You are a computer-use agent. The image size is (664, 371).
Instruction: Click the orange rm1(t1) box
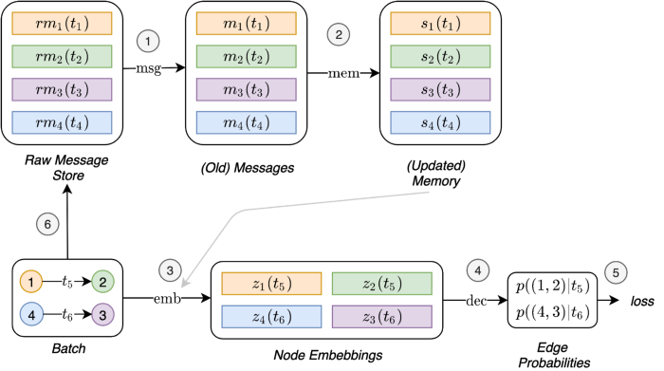point(62,24)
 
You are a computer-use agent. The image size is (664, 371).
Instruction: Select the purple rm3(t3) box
point(62,89)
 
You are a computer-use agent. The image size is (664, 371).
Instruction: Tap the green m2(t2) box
point(246,57)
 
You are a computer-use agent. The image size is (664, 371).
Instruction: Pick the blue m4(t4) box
point(246,122)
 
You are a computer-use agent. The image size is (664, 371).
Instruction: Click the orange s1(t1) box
point(440,24)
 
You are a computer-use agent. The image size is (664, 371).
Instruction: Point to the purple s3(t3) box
point(440,89)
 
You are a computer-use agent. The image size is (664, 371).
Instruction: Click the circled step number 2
point(339,34)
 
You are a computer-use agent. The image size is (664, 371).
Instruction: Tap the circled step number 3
point(169,270)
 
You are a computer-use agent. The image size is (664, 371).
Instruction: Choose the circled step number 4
point(478,270)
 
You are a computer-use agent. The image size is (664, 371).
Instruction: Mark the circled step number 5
point(615,272)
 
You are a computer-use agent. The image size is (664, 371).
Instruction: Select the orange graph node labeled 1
point(31,282)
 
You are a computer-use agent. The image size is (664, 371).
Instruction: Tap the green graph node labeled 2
point(102,282)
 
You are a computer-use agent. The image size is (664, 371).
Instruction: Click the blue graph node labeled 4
point(31,314)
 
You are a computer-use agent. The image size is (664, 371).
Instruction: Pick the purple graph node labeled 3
point(102,314)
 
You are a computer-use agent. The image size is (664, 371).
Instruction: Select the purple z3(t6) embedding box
point(381,317)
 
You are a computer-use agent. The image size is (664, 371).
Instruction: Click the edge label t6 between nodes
point(67,314)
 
